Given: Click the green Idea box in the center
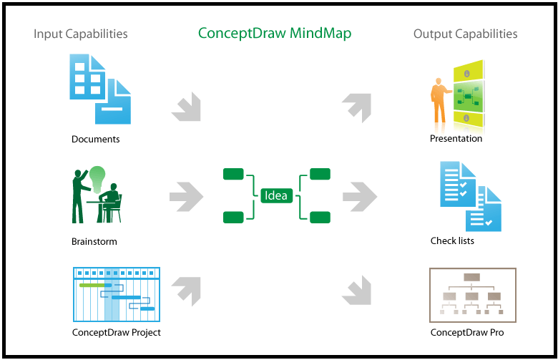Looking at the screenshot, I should (276, 195).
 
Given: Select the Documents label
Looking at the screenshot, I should (95, 140).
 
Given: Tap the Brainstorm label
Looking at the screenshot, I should (94, 242).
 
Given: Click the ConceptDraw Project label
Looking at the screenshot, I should (116, 332).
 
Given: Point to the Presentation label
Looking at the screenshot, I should (456, 139).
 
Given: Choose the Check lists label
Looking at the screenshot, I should (452, 241).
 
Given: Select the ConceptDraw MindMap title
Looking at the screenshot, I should (275, 34).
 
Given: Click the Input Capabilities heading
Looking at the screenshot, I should (81, 34).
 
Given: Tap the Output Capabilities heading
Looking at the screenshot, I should (465, 34).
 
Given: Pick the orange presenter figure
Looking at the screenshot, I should (437, 100).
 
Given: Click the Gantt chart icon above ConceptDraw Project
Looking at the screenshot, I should (116, 294).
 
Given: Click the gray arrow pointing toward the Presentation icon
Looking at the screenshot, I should (357, 106).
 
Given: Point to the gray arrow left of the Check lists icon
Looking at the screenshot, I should (360, 195).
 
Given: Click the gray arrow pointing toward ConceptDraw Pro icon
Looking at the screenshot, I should (357, 288).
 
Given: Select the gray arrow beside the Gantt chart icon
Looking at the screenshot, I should (187, 288).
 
